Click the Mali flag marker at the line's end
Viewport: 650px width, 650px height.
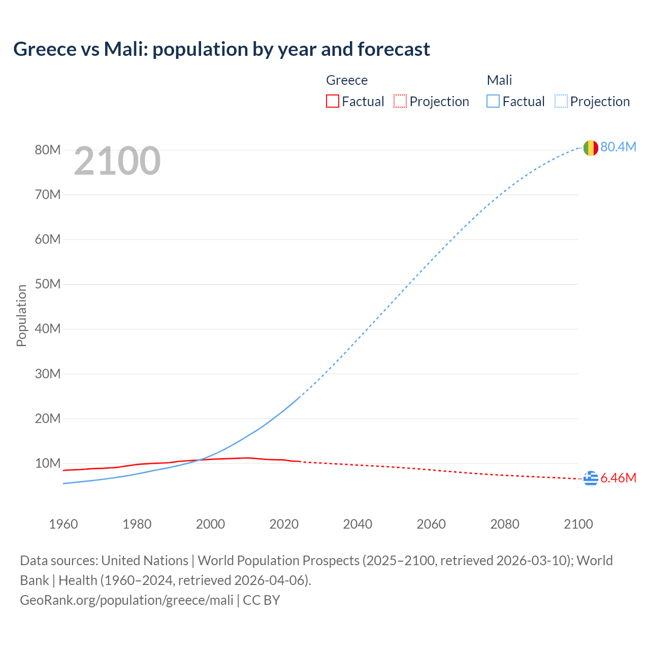click(x=591, y=148)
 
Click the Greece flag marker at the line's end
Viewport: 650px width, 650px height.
click(x=591, y=478)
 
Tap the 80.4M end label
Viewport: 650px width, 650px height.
click(x=618, y=147)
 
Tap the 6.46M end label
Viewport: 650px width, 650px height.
click(x=618, y=478)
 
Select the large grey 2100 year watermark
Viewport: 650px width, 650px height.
click(x=117, y=161)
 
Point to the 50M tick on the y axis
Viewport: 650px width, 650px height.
click(x=48, y=284)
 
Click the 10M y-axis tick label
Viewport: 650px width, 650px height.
click(x=48, y=463)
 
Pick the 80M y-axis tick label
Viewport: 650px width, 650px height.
click(x=48, y=150)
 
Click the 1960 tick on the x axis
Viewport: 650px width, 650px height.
click(x=63, y=524)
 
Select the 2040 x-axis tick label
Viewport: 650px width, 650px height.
click(x=357, y=524)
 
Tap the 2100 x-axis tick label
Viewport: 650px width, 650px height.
click(x=578, y=524)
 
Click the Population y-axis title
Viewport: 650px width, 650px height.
click(x=21, y=315)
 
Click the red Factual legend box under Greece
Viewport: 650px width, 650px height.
click(x=332, y=101)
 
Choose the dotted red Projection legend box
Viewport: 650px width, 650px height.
click(x=400, y=101)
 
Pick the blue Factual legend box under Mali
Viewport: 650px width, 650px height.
click(x=493, y=101)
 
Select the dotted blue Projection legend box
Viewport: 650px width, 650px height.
click(x=561, y=101)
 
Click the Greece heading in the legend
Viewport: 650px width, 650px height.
click(x=347, y=80)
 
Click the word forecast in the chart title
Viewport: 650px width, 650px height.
click(x=394, y=49)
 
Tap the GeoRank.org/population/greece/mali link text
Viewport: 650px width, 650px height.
click(x=126, y=600)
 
